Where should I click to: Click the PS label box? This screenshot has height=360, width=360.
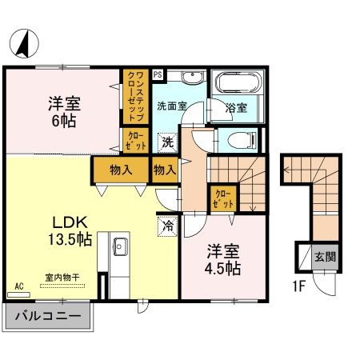tap(158, 73)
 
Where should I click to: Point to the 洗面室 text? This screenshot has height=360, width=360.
tap(171, 105)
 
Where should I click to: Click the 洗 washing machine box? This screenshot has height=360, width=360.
tap(167, 143)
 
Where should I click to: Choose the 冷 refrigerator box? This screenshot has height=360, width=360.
tap(169, 226)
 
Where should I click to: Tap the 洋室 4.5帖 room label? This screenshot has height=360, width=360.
tap(220, 258)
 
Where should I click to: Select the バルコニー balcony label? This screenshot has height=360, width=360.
tap(48, 316)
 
